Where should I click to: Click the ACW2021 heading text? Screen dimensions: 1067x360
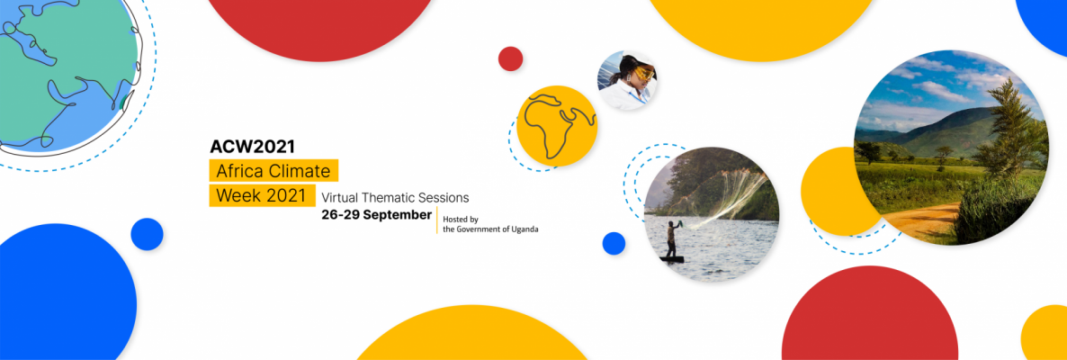click(252, 147)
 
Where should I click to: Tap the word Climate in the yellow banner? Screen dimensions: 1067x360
click(303, 170)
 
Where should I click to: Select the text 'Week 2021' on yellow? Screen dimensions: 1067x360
click(261, 195)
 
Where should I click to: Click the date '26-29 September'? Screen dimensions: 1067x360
click(376, 215)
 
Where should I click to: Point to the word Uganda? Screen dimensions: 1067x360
click(523, 229)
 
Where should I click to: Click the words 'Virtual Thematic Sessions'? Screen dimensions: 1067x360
click(395, 198)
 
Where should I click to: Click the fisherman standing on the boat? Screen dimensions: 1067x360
click(671, 239)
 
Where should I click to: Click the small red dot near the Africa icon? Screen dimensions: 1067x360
click(510, 58)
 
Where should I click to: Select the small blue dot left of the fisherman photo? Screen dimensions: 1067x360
click(614, 243)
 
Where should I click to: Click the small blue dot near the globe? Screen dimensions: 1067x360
click(147, 234)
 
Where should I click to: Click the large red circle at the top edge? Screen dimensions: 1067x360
click(319, 23)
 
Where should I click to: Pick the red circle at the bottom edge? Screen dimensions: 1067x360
click(870, 317)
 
